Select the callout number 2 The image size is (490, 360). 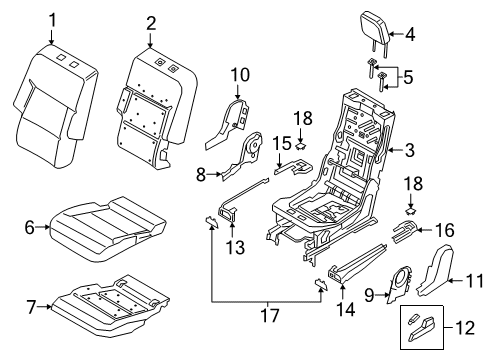150,21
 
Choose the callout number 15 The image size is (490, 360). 257,144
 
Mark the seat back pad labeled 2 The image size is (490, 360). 150,100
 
